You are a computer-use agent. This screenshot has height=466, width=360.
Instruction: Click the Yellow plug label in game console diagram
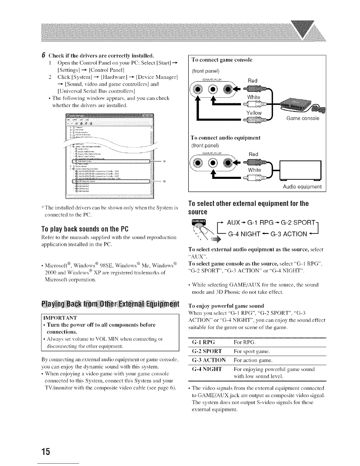click(x=254, y=113)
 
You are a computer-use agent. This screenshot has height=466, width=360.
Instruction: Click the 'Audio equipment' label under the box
click(x=302, y=187)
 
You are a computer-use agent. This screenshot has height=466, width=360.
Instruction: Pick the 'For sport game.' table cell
click(x=252, y=351)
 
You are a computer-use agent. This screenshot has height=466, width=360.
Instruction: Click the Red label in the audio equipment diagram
click(x=253, y=154)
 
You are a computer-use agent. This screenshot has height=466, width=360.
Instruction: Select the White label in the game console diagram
click(x=254, y=97)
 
